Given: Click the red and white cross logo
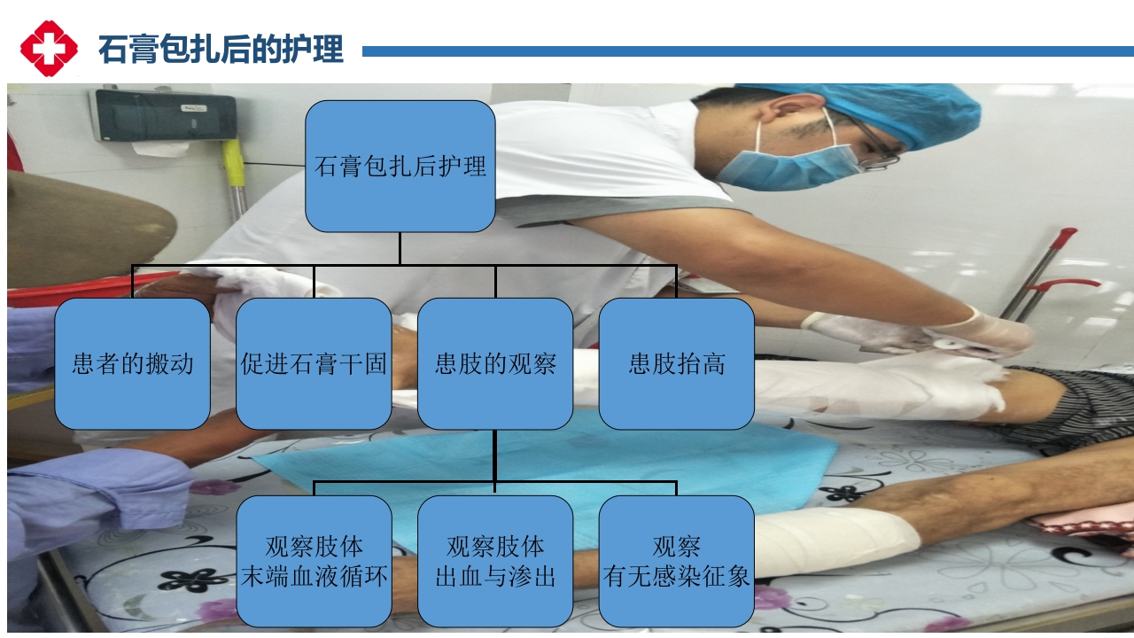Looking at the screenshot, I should [49, 49].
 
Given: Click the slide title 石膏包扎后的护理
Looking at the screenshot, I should [221, 50].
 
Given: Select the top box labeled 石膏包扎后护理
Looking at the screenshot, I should [400, 166].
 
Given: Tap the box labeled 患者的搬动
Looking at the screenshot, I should [132, 363].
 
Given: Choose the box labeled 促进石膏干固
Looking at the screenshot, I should [314, 363].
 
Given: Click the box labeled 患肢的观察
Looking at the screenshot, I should [495, 363].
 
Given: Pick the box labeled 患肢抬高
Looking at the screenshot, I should [676, 363].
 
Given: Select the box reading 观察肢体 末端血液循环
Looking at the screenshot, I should [314, 561].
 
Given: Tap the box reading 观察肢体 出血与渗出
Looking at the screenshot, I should [495, 561].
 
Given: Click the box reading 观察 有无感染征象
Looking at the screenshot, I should [676, 561].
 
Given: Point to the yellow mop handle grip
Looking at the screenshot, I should [234, 164].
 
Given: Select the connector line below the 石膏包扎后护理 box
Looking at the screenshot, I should [400, 248].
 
